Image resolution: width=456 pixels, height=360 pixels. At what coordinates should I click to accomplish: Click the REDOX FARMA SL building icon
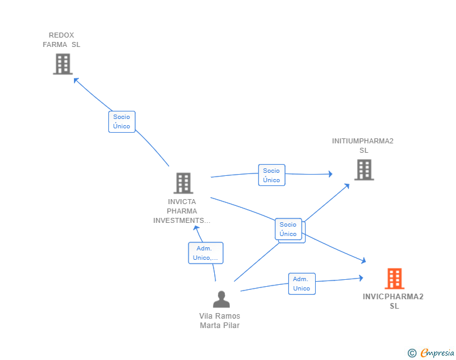[x=63, y=64]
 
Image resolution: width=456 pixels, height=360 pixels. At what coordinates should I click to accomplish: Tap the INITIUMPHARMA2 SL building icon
[x=364, y=170]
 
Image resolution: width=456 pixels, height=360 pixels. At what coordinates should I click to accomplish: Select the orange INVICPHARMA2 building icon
[x=395, y=279]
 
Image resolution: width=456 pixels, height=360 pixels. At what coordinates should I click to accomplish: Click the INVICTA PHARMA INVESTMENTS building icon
[x=184, y=183]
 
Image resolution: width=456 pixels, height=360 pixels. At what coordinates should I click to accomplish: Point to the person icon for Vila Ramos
[x=221, y=299]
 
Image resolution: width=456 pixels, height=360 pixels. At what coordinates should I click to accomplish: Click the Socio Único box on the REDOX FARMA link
[x=122, y=122]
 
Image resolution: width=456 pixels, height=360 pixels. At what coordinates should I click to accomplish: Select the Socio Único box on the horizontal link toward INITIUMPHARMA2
[x=272, y=175]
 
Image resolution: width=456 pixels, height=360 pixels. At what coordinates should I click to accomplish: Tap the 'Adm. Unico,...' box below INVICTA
[x=205, y=253]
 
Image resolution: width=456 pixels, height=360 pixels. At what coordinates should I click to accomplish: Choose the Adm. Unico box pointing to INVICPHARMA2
[x=302, y=284]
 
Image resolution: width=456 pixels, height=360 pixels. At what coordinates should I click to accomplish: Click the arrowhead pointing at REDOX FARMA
[x=76, y=80]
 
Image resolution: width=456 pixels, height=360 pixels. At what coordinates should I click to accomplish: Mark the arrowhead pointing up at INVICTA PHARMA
[x=197, y=229]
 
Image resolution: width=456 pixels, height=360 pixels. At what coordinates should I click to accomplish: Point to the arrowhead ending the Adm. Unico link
[x=361, y=278]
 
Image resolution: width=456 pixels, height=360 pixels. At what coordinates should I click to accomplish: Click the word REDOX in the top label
[x=61, y=35]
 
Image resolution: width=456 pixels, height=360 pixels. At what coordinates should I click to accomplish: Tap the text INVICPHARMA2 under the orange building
[x=393, y=297]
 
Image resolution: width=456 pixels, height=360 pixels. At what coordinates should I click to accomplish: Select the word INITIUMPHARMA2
[x=363, y=141]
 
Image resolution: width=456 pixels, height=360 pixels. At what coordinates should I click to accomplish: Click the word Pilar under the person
[x=231, y=326]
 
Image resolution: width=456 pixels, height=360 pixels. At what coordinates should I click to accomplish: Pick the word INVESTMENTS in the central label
[x=179, y=220]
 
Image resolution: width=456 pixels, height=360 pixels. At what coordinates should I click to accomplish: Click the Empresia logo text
[x=437, y=352]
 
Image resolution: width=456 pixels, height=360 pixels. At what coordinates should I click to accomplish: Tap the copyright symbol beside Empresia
[x=412, y=353]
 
